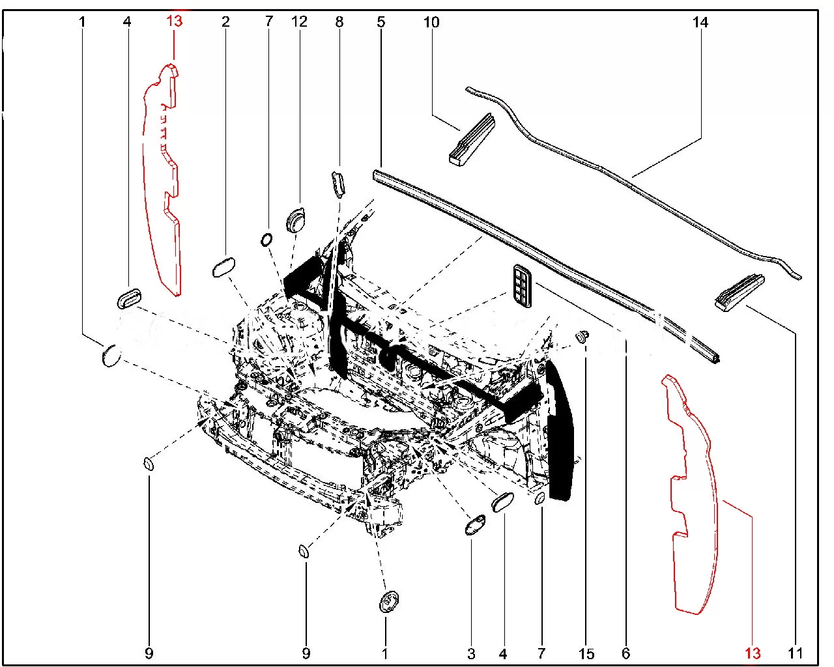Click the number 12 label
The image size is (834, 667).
pos(299,21)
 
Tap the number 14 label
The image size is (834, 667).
pos(700,22)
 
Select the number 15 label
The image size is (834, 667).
pos(586,653)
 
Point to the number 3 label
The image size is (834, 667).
pos(471,653)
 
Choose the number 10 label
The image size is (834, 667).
pos(431,22)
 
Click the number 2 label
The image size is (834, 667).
pos(225,21)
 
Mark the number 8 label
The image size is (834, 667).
pos(339,21)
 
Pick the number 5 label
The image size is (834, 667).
pos(381,21)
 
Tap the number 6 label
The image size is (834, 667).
pos(626,653)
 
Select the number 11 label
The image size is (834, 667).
pos(794,653)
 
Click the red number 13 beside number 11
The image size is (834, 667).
pos(753,653)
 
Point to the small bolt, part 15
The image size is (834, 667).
pos(582,336)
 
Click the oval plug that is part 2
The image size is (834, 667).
pos(223,267)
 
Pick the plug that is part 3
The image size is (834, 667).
pos(476,524)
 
